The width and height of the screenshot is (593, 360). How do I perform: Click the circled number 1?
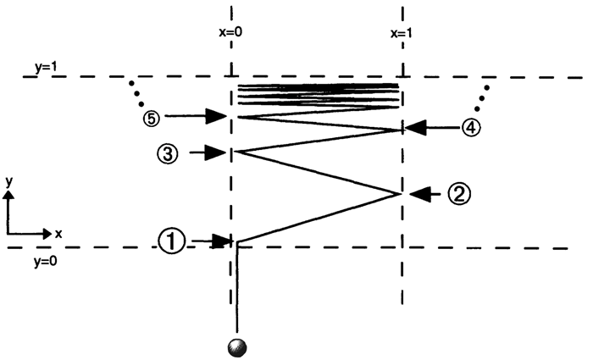point(171,241)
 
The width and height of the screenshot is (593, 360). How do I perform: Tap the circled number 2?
point(458,194)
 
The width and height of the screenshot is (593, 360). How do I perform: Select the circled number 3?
point(168,153)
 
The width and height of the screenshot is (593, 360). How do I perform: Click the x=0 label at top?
point(231,34)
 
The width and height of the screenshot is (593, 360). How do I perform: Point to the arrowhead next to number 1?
point(222,242)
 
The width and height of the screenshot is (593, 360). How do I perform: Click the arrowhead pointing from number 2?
point(418,194)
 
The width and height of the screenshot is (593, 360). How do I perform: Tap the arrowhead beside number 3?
point(220,153)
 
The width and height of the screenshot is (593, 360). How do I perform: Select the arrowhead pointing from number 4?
point(413,128)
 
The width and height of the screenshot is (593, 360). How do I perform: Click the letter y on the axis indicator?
point(8,180)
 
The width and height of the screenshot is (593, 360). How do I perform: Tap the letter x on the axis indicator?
point(58,232)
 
